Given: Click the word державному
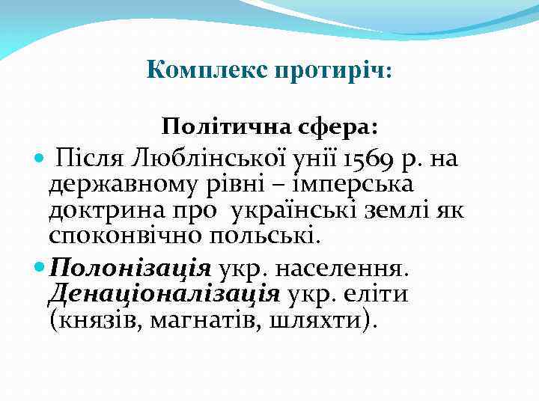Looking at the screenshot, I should point(115,184).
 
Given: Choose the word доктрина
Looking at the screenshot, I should point(97,210).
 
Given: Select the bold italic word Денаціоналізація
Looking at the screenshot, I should point(164,293).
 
